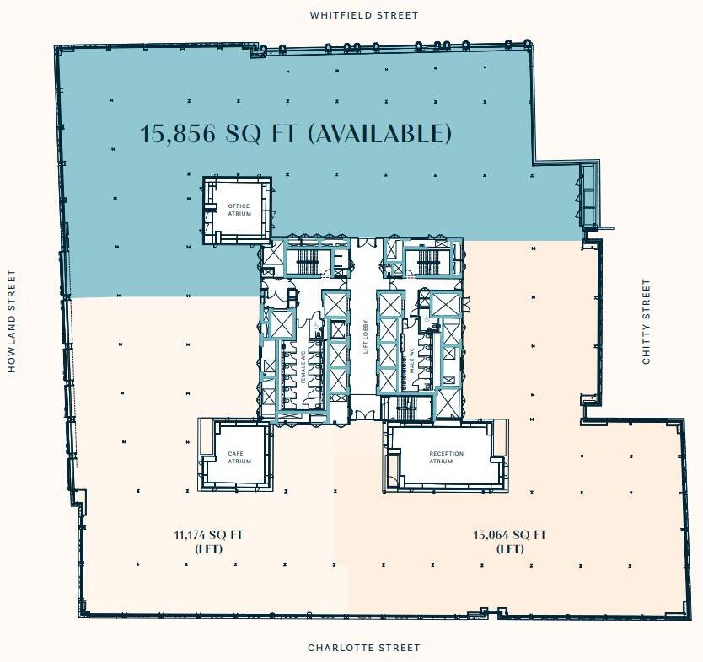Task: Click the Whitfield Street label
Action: [x=363, y=15]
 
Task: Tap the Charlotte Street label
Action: [x=363, y=648]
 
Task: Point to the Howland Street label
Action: [x=12, y=321]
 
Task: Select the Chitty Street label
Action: [x=647, y=322]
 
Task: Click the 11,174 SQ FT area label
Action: [x=209, y=535]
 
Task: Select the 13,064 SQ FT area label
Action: [x=510, y=535]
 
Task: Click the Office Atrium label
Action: [x=239, y=210]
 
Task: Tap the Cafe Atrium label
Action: [x=239, y=457]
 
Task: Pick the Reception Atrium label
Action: [x=446, y=457]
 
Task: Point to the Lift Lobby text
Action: [x=366, y=337]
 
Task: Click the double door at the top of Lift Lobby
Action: [x=365, y=245]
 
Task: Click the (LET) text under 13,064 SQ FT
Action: [x=510, y=549]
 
